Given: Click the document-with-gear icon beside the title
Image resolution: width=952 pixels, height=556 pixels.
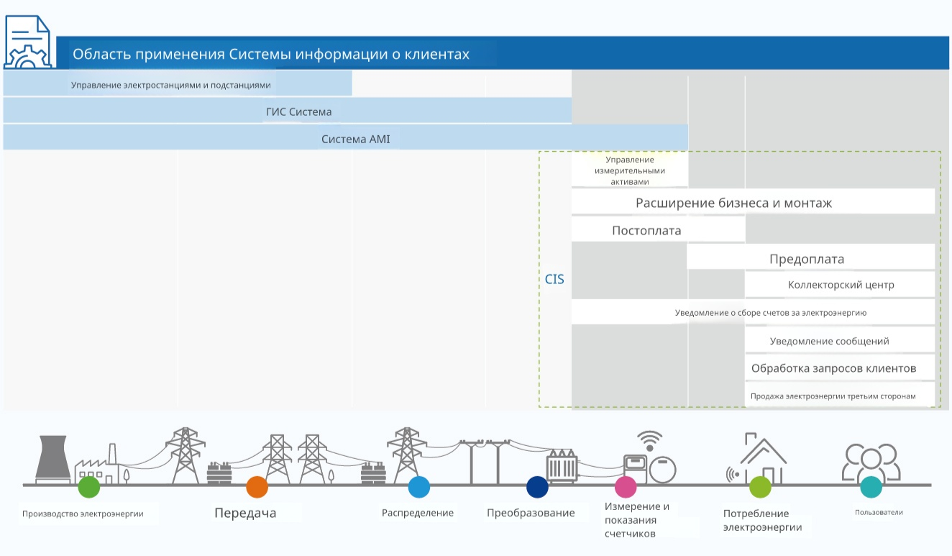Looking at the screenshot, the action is tap(27, 42).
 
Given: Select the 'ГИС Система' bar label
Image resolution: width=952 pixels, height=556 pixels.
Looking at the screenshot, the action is tap(299, 111).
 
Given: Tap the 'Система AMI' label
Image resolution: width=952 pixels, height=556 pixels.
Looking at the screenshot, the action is tap(356, 139).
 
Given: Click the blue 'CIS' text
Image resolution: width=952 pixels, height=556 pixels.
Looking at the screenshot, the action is tap(554, 279).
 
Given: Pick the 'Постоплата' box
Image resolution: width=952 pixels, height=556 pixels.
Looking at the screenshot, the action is tap(658, 230).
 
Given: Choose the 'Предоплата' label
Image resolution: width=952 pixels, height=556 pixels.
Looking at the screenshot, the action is tap(807, 259).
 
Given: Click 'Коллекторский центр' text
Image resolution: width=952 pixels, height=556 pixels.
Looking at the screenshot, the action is tap(841, 285).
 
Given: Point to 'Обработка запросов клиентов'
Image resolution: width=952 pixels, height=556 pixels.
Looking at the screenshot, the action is tap(834, 368).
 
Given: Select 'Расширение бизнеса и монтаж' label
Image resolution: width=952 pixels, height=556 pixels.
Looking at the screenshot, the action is tap(734, 203).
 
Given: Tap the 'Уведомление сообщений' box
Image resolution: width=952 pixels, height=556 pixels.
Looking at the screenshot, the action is tap(840, 340).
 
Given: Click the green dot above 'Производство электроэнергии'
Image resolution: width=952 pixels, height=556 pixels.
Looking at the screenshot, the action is tap(89, 487).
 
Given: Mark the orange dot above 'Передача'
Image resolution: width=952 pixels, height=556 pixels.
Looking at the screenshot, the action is tap(257, 487).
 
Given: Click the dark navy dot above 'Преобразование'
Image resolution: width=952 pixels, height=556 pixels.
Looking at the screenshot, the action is tap(537, 487).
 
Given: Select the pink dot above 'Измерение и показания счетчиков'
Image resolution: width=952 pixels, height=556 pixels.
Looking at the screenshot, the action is tap(626, 487).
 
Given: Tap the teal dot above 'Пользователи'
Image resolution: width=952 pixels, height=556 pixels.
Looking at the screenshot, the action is tap(871, 487).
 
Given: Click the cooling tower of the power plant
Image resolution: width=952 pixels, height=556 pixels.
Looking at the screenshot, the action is tap(52, 459).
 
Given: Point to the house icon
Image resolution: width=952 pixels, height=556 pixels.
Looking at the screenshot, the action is tap(764, 459).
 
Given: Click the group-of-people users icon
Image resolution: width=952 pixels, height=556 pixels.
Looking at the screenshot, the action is tap(871, 461).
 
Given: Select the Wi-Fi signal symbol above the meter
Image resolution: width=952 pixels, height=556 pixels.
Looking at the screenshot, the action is tap(650, 440).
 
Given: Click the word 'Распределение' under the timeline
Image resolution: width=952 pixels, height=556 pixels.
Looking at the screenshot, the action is tap(417, 513).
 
